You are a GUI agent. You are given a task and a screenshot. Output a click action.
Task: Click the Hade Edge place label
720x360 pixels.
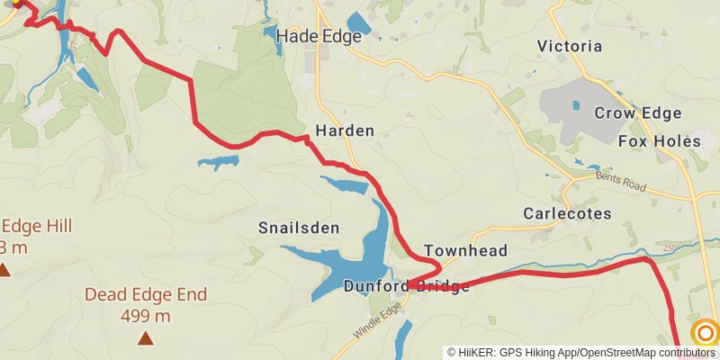tap(319, 37)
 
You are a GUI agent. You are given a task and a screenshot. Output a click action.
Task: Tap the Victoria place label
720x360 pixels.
tap(569, 46)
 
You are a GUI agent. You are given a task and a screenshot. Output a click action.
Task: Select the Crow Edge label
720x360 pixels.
tap(637, 113)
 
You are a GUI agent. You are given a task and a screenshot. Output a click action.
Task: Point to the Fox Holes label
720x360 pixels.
tap(659, 141)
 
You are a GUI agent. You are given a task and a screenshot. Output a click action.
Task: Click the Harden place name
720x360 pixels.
tap(344, 130)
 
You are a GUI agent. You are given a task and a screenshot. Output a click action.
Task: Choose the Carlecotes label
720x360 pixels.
tap(567, 214)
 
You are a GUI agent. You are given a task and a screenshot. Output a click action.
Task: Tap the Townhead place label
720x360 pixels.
tap(465, 251)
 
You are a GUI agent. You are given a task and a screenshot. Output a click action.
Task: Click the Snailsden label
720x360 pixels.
tap(299, 229)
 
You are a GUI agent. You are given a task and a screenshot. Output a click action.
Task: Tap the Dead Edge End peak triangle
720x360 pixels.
tap(146, 338)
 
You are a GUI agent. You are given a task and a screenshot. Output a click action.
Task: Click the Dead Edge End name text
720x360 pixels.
tap(146, 294)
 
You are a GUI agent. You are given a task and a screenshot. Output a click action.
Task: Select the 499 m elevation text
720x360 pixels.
tap(146, 316)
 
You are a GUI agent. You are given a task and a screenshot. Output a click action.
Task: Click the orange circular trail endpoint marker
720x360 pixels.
tap(706, 333)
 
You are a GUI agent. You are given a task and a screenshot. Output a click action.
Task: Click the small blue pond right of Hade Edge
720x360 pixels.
tap(358, 23)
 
